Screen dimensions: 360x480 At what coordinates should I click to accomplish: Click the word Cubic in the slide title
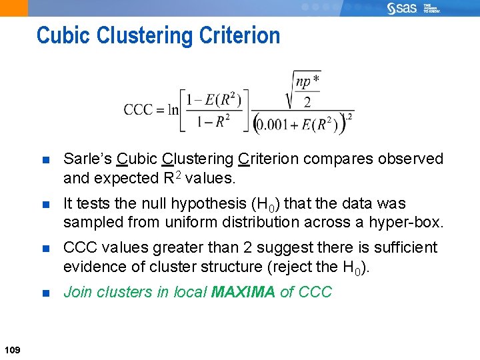tap(61, 35)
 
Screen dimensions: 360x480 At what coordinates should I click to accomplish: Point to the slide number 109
tap(11, 351)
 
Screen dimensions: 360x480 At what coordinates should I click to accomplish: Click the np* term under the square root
tap(307, 82)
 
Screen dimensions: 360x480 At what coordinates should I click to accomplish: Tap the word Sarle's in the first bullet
tap(87, 159)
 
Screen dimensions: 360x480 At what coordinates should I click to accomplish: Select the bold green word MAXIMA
tap(242, 292)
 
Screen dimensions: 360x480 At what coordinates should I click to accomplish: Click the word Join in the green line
tap(77, 292)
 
